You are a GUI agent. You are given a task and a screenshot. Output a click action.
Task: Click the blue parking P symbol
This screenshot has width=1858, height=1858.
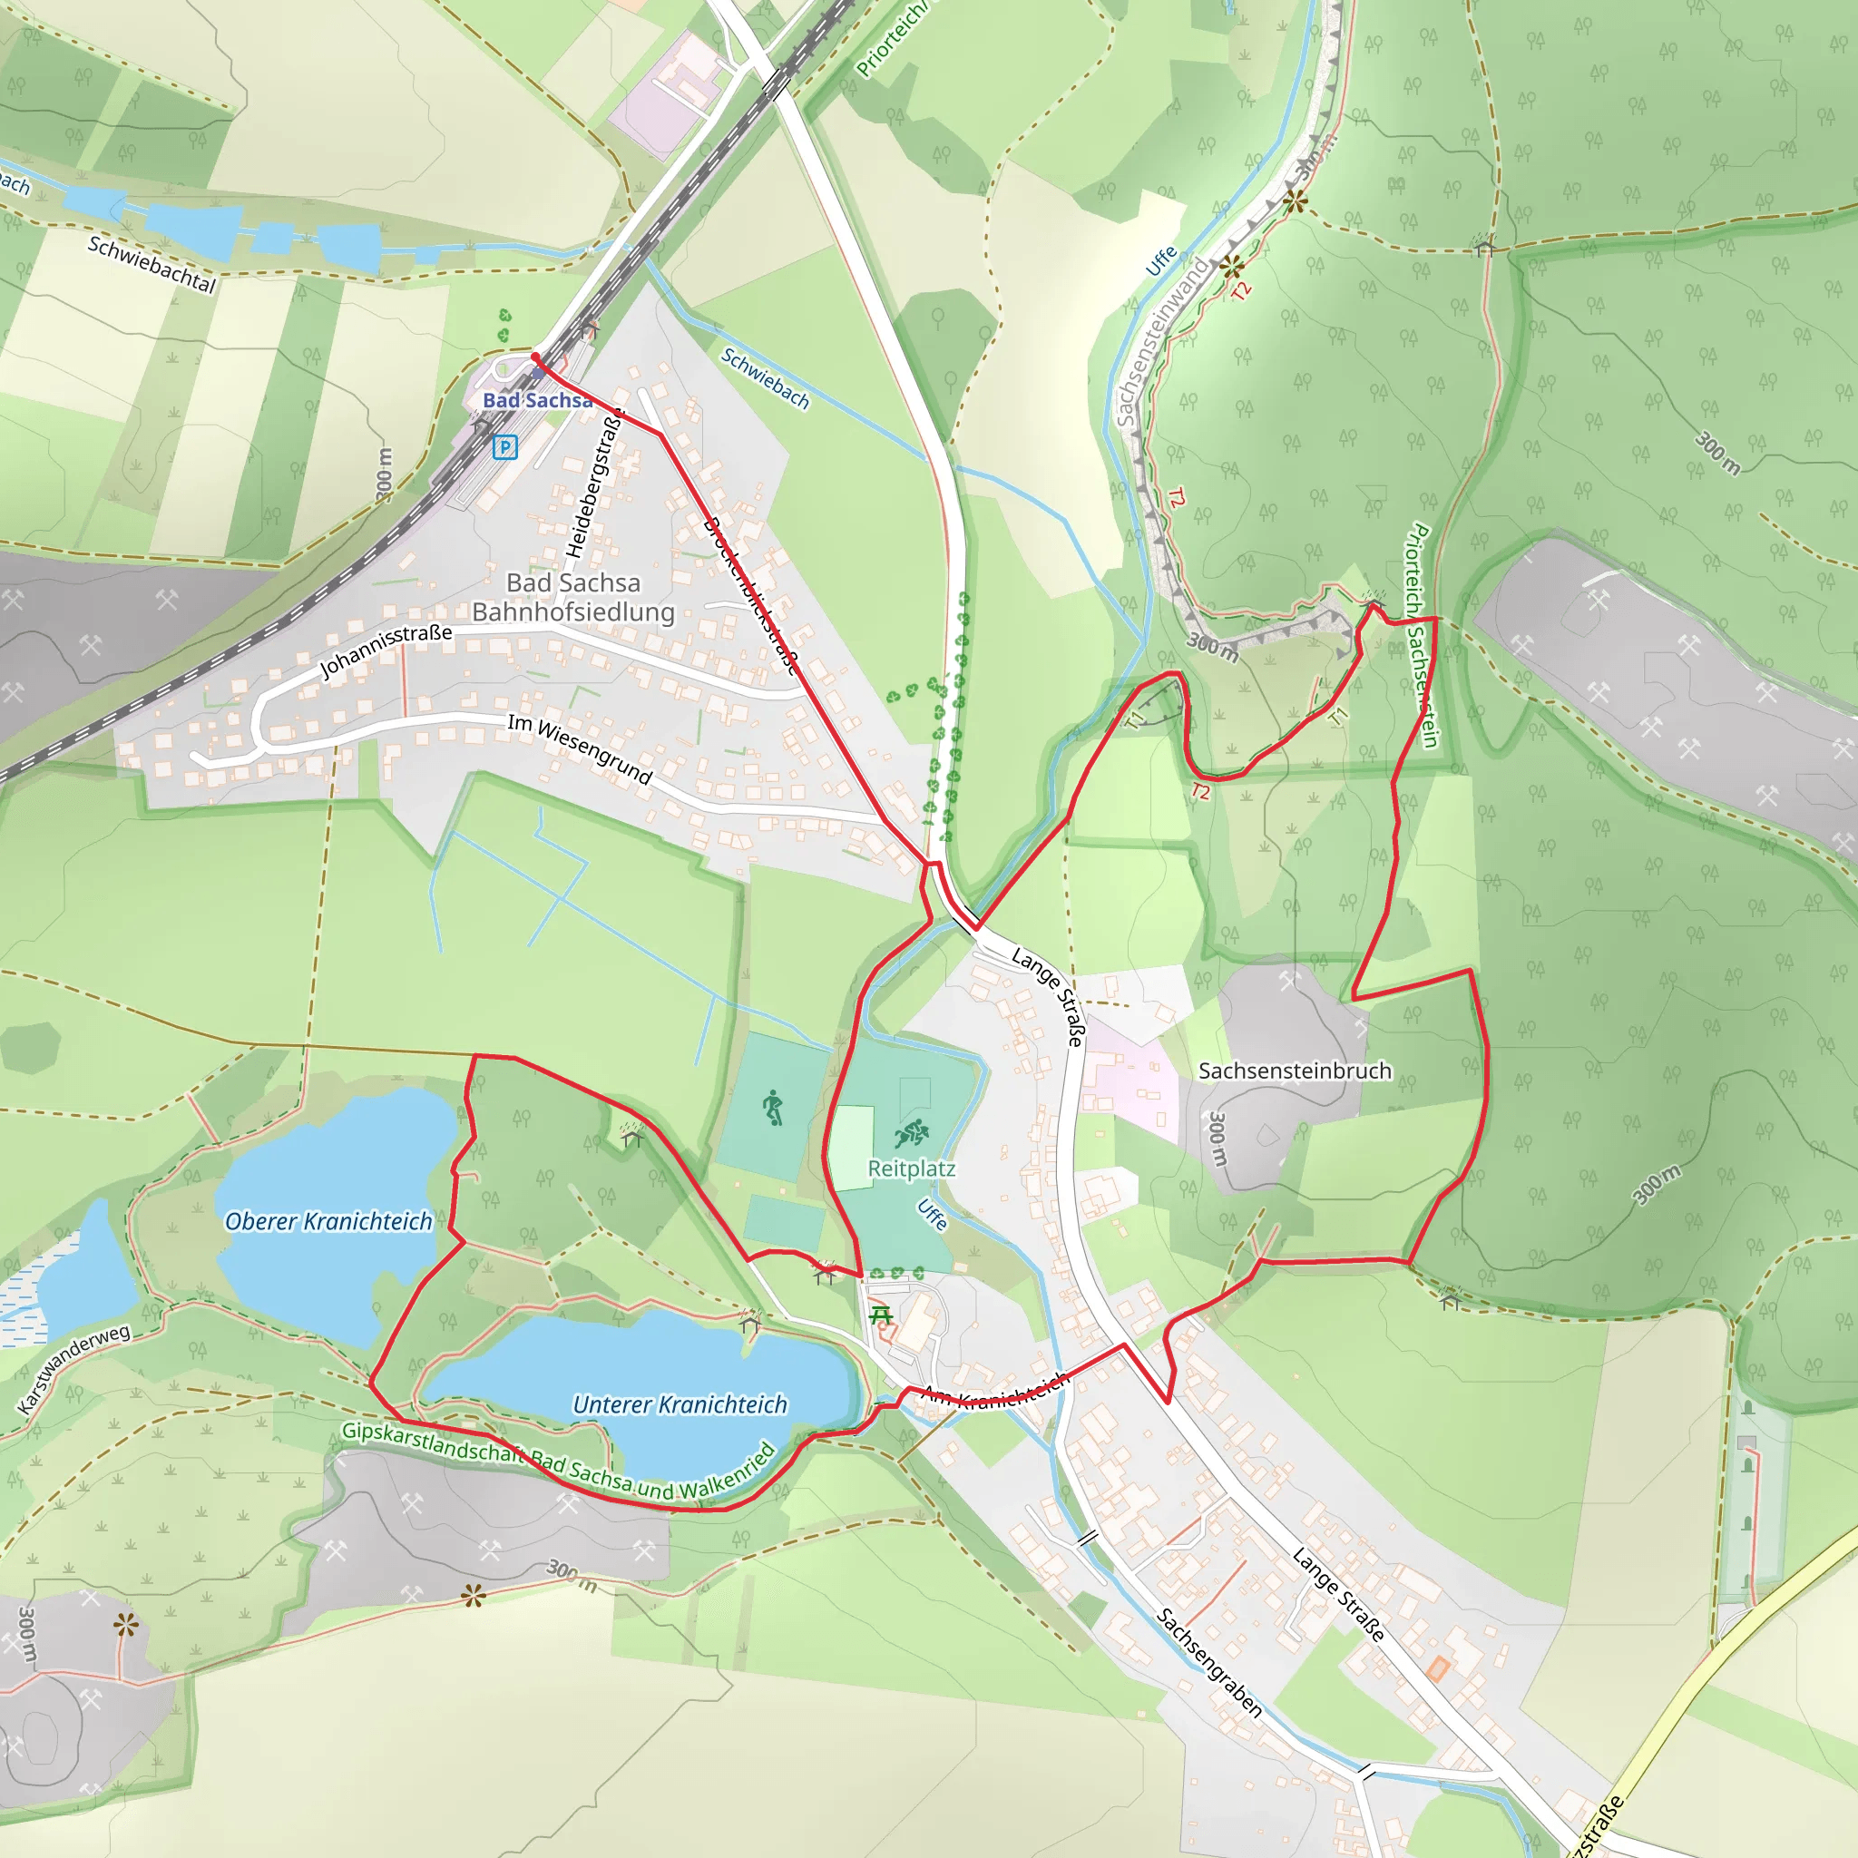coord(504,446)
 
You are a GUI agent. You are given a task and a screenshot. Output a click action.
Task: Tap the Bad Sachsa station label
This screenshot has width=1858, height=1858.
coord(537,400)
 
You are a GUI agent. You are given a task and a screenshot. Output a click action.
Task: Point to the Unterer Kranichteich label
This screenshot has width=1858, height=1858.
coord(679,1405)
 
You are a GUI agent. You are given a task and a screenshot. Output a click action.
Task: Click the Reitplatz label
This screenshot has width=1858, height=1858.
coord(911,1169)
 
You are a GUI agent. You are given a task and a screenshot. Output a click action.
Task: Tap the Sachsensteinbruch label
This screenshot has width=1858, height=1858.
coord(1295,1071)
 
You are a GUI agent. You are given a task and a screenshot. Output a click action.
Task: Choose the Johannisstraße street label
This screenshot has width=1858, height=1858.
coord(385,650)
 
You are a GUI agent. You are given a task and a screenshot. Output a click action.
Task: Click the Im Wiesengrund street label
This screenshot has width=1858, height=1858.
coord(580,749)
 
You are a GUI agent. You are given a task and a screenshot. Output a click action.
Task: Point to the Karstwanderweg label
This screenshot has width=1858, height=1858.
coord(74,1368)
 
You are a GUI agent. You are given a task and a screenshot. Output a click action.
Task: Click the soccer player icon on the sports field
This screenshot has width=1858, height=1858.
coord(772,1108)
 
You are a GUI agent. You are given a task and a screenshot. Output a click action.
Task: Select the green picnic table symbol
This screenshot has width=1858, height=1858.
coord(880,1315)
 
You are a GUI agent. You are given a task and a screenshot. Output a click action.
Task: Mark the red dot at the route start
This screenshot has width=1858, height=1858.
coord(535,357)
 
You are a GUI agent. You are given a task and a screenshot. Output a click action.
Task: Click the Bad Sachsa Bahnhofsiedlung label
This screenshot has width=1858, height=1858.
coord(573,597)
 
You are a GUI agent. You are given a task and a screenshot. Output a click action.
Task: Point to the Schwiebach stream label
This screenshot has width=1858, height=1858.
coord(766,378)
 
